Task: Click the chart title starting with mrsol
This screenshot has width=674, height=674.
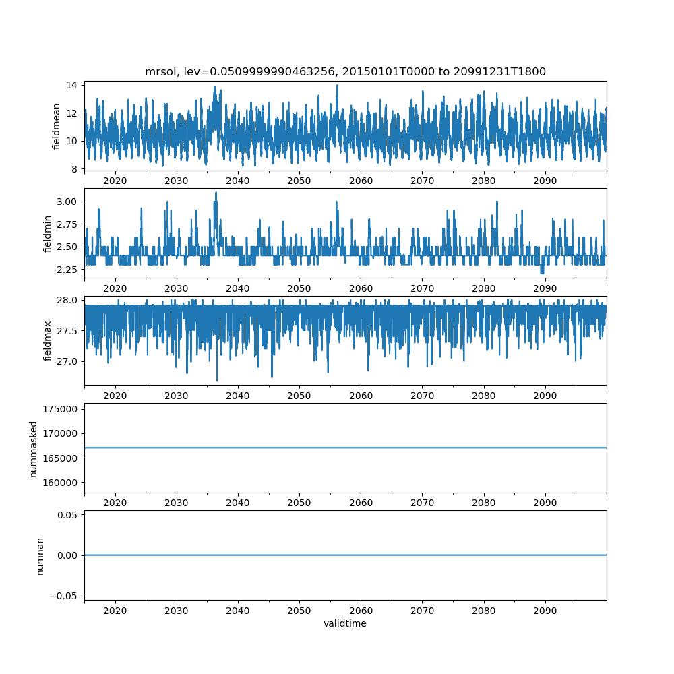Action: point(345,71)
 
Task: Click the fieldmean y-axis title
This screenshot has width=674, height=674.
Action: point(57,126)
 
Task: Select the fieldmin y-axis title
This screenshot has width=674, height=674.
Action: point(47,233)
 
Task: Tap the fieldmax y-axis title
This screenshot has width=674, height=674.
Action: point(47,341)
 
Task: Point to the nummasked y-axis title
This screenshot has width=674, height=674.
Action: point(33,449)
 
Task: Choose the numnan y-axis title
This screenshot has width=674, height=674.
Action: point(40,555)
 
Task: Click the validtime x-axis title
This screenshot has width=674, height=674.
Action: point(345,623)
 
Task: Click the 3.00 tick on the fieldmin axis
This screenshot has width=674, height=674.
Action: point(67,202)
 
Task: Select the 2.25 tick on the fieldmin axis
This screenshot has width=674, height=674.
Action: point(67,270)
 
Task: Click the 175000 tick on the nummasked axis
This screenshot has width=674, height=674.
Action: point(61,409)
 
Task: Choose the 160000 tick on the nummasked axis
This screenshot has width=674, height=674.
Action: point(61,483)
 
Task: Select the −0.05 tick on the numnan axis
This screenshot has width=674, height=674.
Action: point(65,596)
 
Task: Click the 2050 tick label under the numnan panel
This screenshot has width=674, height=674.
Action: point(299,609)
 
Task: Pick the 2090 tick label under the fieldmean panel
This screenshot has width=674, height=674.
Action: point(545,181)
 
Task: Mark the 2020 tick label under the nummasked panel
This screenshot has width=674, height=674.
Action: point(115,502)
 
